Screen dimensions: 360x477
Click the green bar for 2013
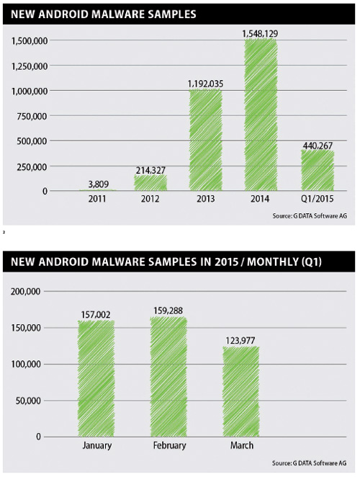(205, 140)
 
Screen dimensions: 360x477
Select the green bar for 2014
(261, 115)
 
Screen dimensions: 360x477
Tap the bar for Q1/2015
(318, 170)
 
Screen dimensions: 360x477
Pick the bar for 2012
(150, 182)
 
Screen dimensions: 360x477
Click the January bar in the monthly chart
(96, 378)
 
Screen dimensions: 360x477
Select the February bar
(168, 377)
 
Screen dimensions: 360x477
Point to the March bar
(241, 391)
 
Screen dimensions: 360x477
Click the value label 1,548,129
(260, 33)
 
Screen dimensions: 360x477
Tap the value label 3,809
(99, 184)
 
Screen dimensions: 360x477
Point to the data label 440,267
(318, 146)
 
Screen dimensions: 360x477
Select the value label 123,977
(240, 340)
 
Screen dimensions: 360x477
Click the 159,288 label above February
(168, 311)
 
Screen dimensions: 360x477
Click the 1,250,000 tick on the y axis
(30, 66)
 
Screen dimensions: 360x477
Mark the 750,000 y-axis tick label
(32, 116)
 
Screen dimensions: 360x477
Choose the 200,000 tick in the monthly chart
(25, 291)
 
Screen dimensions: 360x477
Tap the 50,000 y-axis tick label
(28, 401)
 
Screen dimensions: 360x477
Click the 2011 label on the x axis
(97, 199)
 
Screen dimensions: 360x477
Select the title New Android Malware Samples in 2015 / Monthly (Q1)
(166, 262)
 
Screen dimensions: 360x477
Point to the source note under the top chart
(310, 215)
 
